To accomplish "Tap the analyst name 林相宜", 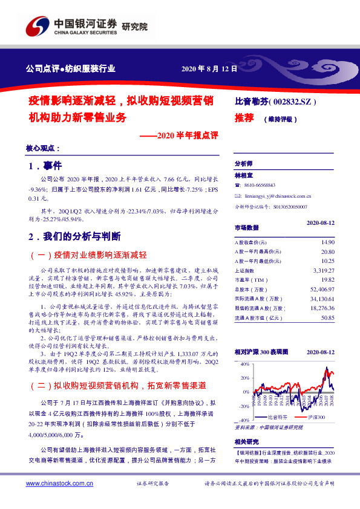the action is click(x=244, y=175).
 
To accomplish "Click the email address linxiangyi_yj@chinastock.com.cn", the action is click(x=278, y=196).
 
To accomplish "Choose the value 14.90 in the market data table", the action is click(x=327, y=241).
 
